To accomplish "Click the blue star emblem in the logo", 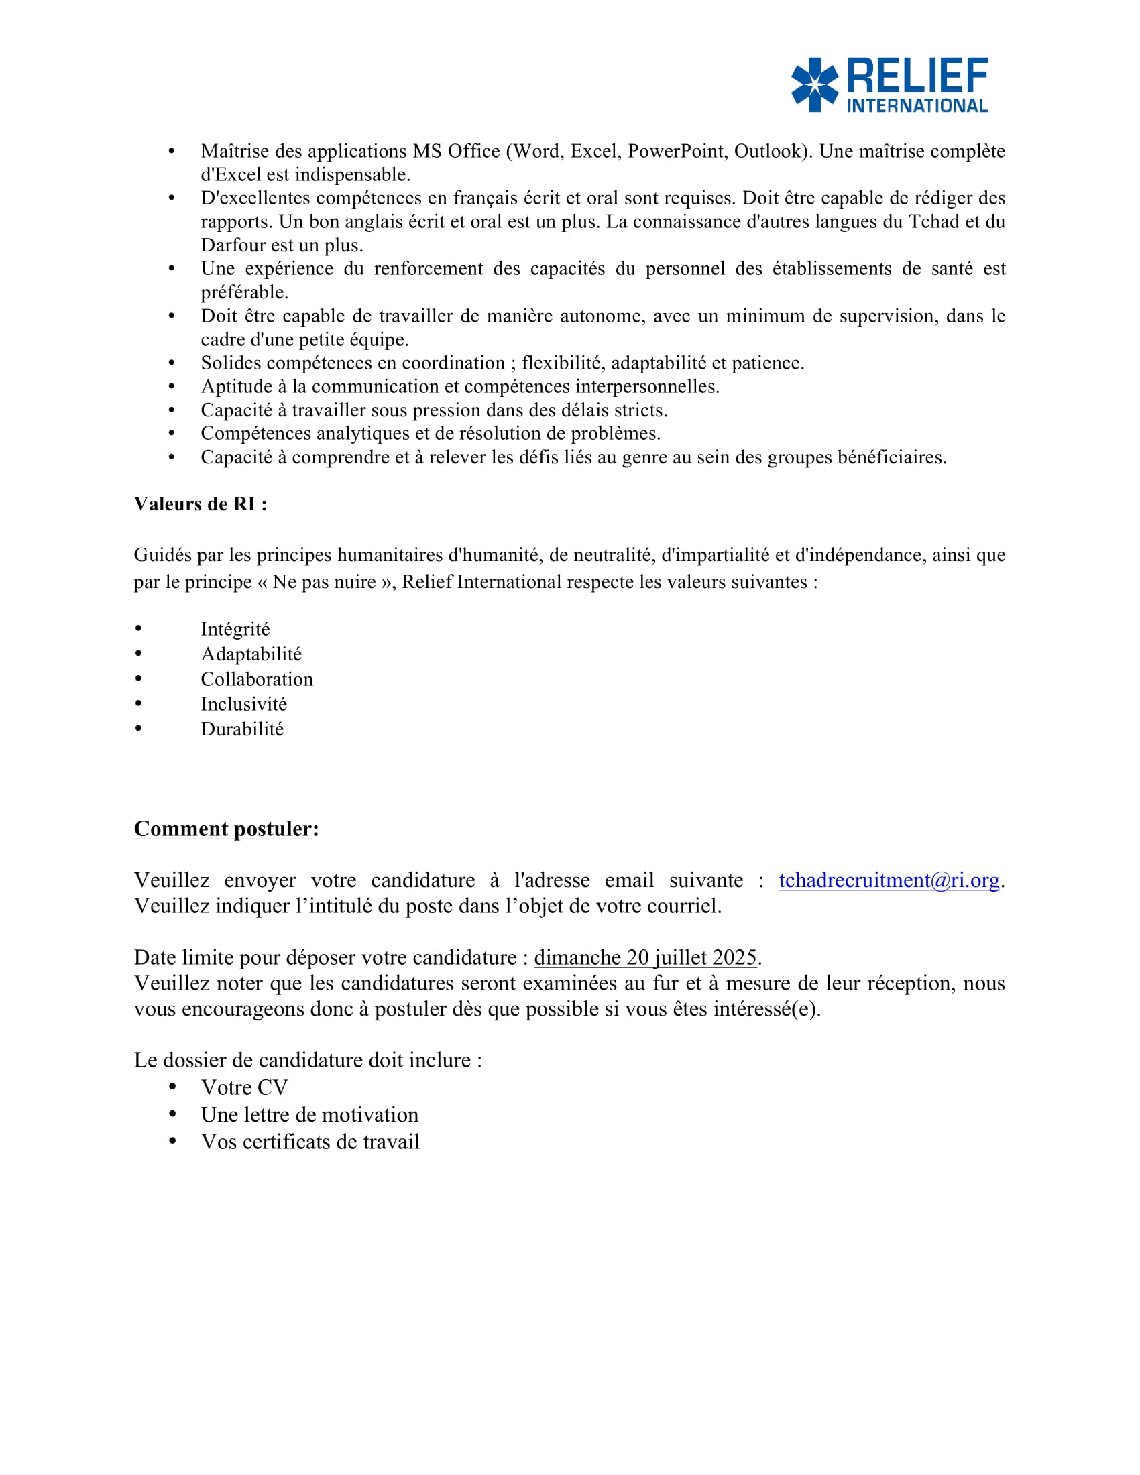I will [x=815, y=84].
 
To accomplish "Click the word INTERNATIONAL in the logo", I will [x=917, y=106].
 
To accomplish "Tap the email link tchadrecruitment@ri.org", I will [x=889, y=880].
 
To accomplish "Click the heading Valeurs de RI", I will [x=200, y=504].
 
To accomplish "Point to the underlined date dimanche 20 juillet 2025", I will [x=645, y=957].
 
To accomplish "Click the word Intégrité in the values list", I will [x=235, y=629].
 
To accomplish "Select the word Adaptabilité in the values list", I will [x=251, y=654].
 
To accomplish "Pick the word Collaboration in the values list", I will [x=257, y=678].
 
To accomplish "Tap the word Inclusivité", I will [x=244, y=704].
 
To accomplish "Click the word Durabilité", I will [x=242, y=729].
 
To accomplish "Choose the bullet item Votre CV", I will [x=245, y=1087].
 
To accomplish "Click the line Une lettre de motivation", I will [x=309, y=1114].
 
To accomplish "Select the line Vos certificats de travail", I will [x=310, y=1141].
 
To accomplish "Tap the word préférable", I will [x=244, y=292].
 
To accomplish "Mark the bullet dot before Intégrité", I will [x=138, y=629].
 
